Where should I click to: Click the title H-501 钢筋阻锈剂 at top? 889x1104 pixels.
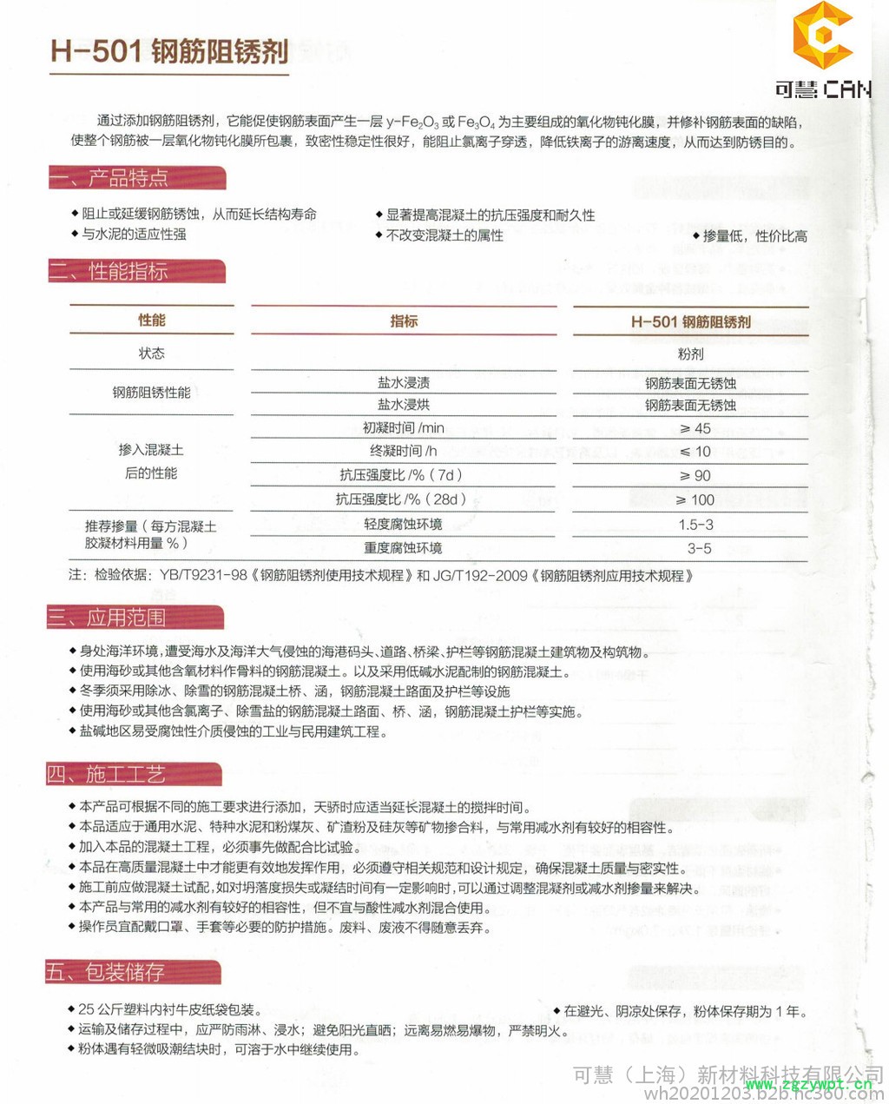tap(169, 52)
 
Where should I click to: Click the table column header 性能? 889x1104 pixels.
tap(152, 321)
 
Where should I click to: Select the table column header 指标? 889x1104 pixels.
tap(404, 321)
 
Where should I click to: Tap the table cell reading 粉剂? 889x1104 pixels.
tap(690, 354)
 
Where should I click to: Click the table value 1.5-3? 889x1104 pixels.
tap(695, 525)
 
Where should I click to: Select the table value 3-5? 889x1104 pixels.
tap(699, 548)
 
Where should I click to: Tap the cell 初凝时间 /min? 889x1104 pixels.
tap(403, 428)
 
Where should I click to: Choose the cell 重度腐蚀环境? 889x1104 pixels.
tap(403, 548)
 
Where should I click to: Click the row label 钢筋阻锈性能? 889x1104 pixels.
tap(151, 393)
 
